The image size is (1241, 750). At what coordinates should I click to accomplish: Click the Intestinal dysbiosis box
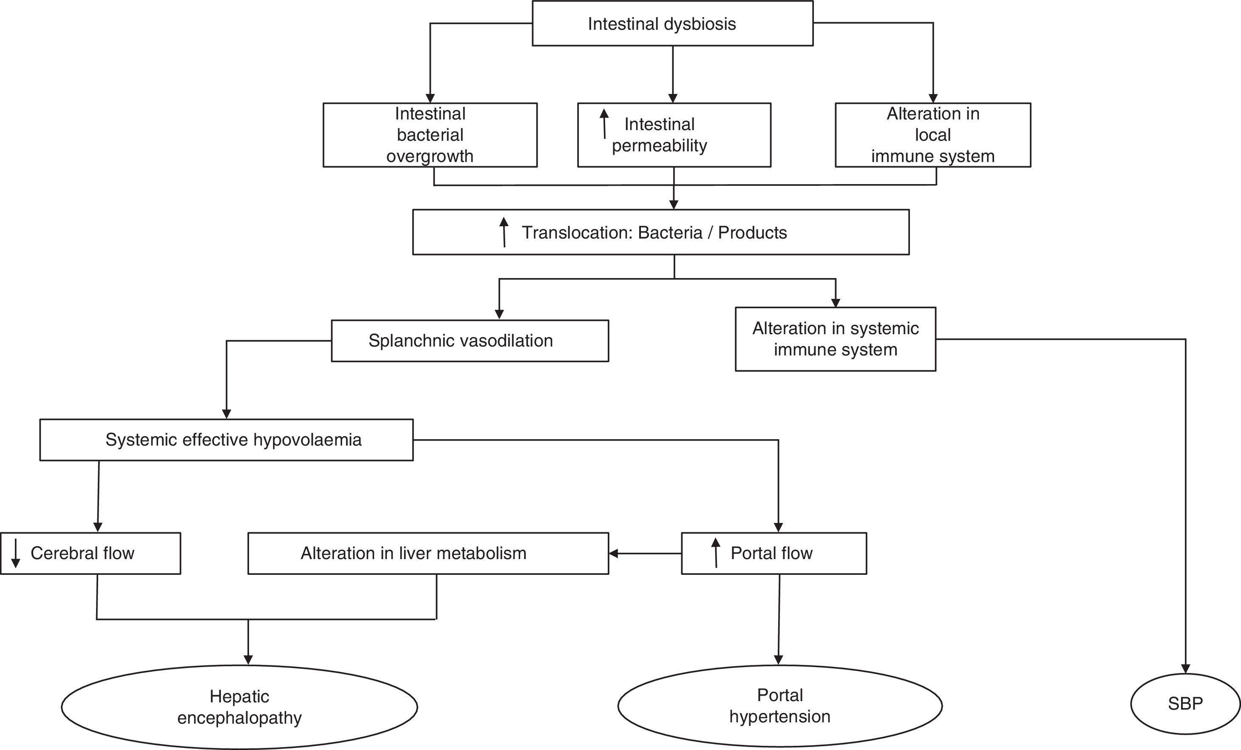[x=672, y=24]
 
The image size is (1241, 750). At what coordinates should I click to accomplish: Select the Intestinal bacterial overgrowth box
[x=430, y=135]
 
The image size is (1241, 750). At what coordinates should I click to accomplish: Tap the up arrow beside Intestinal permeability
[x=604, y=124]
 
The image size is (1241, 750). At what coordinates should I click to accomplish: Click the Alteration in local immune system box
[x=933, y=135]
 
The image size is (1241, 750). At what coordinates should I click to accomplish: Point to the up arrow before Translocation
[x=504, y=232]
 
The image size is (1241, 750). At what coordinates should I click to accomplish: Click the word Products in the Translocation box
[x=752, y=233]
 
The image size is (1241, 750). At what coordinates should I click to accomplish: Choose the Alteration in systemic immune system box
[x=835, y=339]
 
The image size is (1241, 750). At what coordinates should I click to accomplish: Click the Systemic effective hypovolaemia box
[x=226, y=440]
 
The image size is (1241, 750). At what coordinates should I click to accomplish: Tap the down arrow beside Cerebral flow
[x=16, y=553]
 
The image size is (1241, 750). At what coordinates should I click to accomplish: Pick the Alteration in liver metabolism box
[x=428, y=554]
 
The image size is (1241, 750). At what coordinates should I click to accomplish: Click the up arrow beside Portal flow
[x=715, y=553]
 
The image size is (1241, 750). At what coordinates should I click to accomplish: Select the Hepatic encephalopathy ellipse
[x=239, y=707]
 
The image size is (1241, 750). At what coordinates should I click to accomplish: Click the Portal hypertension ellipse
[x=779, y=706]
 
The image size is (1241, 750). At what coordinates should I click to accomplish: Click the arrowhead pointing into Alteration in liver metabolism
[x=613, y=554]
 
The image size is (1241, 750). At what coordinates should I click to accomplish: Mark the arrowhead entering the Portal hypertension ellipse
[x=779, y=660]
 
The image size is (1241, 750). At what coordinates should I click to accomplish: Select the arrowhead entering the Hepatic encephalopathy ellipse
[x=248, y=660]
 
